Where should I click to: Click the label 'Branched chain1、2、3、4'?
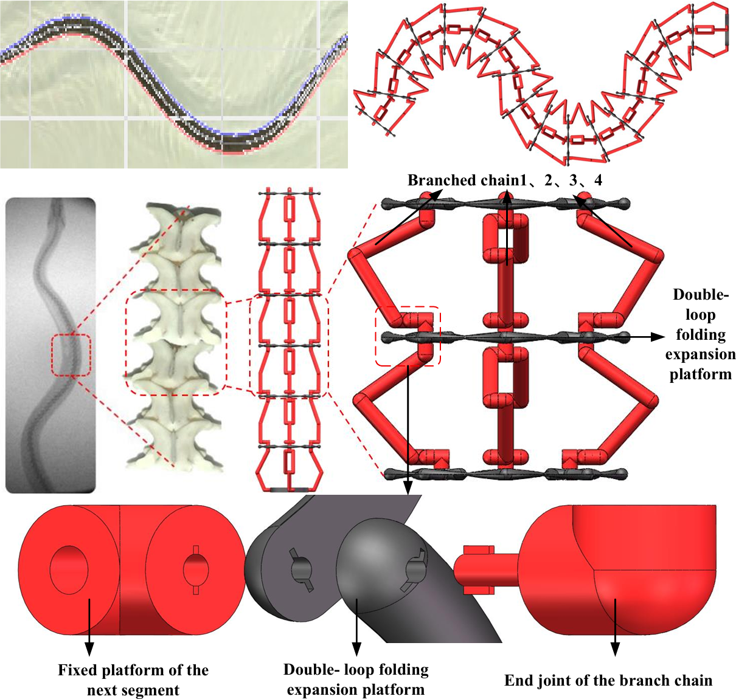(x=504, y=181)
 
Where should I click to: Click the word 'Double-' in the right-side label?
(x=700, y=295)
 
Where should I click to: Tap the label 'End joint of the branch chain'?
(x=608, y=681)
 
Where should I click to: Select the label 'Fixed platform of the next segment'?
(x=133, y=680)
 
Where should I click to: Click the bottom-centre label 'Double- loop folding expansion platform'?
(x=356, y=680)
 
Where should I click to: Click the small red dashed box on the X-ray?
(x=71, y=355)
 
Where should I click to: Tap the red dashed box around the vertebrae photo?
(x=175, y=343)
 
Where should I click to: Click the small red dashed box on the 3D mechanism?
(x=408, y=336)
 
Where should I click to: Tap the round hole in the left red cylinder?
(x=69, y=569)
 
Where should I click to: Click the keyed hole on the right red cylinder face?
(x=196, y=569)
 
